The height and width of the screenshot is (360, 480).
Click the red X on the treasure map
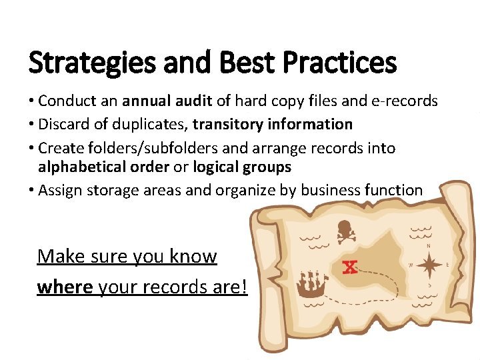point(349,267)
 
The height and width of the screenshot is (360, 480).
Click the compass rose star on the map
point(429,265)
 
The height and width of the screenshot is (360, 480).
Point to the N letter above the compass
point(428,245)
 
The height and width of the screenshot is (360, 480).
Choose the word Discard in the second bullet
point(64,124)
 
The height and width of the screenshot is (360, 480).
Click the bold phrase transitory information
point(273,124)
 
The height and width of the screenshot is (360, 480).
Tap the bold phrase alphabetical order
point(103,167)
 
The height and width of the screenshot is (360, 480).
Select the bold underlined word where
point(65,287)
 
